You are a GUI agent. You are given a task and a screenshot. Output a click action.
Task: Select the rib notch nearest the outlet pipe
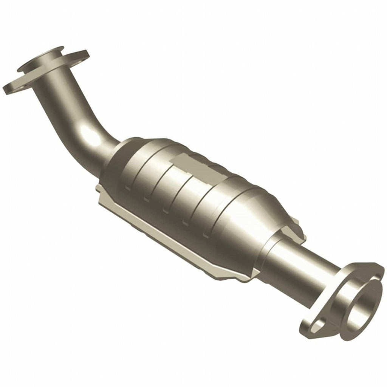coord(206,234)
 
